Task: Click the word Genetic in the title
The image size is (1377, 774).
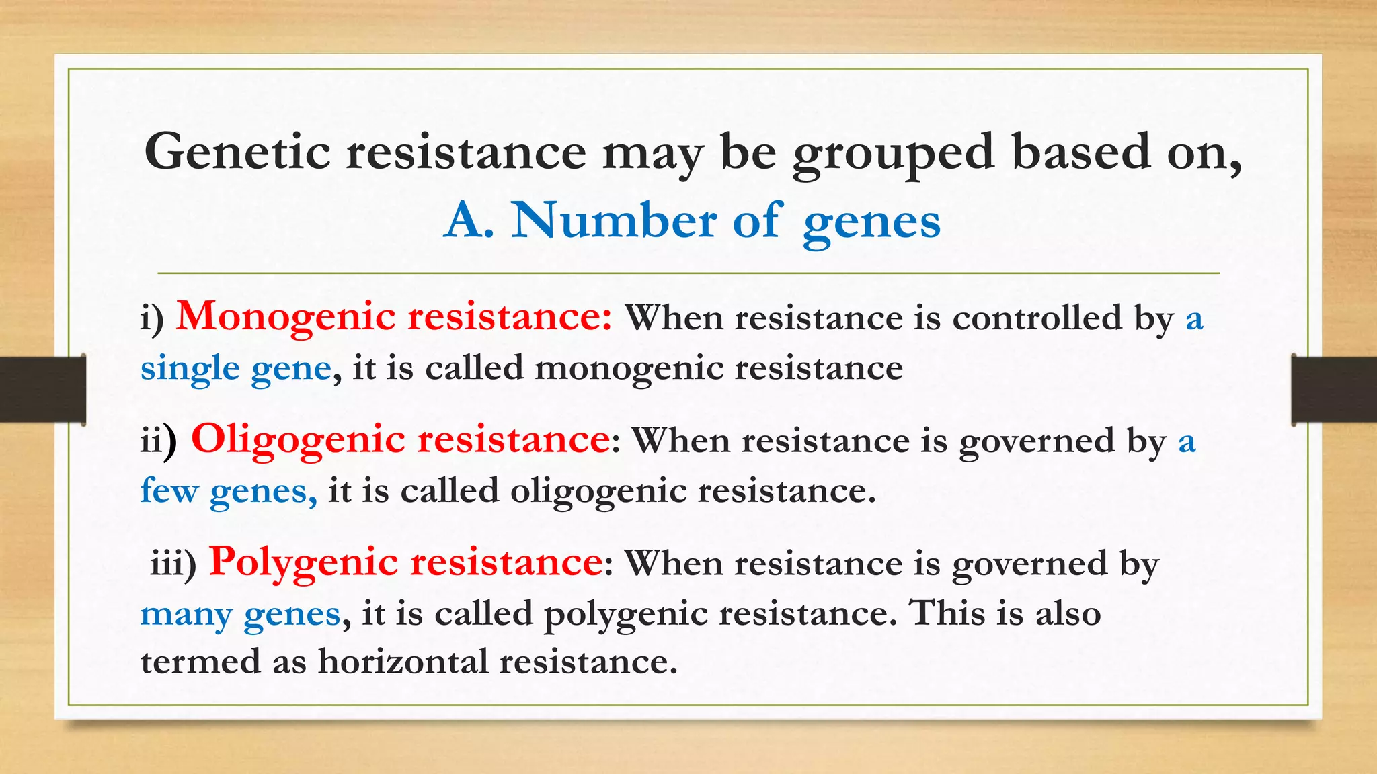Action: point(237,152)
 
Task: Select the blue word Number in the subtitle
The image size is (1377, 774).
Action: point(613,220)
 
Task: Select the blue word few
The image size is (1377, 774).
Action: point(169,490)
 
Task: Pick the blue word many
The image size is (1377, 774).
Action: point(186,614)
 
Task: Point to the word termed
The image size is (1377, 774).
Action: point(200,661)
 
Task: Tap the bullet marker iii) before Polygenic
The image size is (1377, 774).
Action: point(173,563)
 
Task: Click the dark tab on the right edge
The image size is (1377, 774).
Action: point(1334,389)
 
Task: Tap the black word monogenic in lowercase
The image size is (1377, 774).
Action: point(628,369)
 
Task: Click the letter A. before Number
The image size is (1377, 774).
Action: point(469,220)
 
